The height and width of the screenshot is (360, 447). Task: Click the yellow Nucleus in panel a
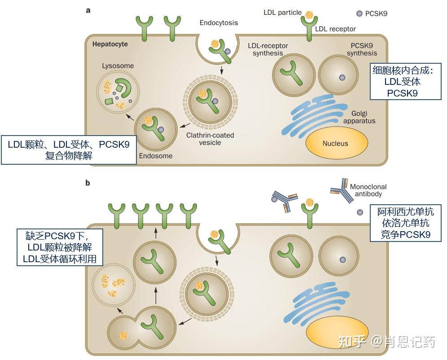[x=335, y=144]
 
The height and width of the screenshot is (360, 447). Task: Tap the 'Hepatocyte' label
[x=110, y=44]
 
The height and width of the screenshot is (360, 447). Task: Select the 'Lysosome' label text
[x=118, y=66]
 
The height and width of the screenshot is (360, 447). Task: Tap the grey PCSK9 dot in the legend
[x=359, y=13]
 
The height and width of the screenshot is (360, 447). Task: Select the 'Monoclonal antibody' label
[x=368, y=190]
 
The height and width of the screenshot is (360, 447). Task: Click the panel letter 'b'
[x=88, y=183]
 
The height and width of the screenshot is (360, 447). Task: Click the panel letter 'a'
[x=88, y=9]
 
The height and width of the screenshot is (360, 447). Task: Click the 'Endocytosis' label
[x=219, y=22]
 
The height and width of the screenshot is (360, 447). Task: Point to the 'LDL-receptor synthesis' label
[x=268, y=49]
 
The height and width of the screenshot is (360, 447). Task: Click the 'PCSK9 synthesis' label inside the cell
[x=362, y=49]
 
